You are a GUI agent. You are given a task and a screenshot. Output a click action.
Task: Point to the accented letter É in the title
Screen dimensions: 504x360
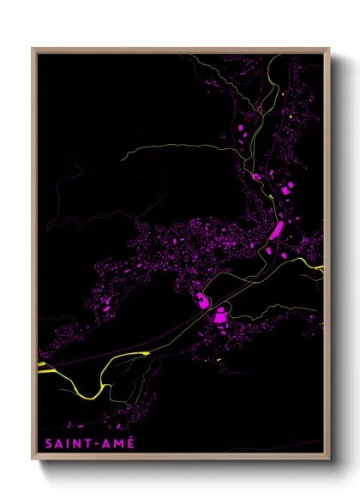pyautogui.click(x=129, y=444)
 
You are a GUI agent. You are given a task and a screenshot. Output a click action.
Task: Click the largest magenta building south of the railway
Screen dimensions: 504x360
pyautogui.click(x=220, y=318)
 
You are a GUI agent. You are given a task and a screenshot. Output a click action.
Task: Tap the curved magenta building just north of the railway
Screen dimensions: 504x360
pyautogui.click(x=202, y=299)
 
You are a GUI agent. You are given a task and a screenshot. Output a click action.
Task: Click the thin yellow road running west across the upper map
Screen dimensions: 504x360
pyautogui.click(x=171, y=147)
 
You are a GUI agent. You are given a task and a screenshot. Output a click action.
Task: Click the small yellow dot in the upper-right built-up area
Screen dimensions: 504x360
pyautogui.click(x=291, y=117)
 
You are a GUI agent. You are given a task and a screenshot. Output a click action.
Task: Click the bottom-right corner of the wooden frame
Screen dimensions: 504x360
pyautogui.click(x=328, y=459)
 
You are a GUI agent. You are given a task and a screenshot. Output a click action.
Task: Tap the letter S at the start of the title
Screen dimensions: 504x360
pyautogui.click(x=44, y=445)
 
